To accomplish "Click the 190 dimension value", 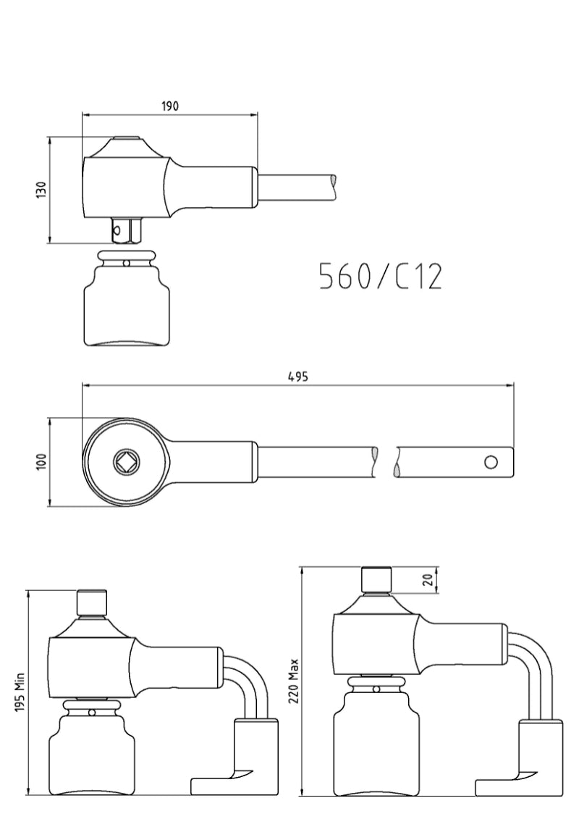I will pyautogui.click(x=169, y=106).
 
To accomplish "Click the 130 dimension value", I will pyautogui.click(x=41, y=190).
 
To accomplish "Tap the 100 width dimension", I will pyautogui.click(x=41, y=461).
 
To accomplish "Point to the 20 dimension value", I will pyautogui.click(x=427, y=580).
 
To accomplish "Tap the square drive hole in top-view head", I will pyautogui.click(x=124, y=461).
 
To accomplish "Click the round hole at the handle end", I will pyautogui.click(x=491, y=462).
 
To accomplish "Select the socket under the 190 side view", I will pyautogui.click(x=127, y=304).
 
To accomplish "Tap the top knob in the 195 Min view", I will pyautogui.click(x=92, y=602).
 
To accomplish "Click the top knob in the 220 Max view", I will pyautogui.click(x=376, y=580).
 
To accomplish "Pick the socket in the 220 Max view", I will pyautogui.click(x=376, y=739).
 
